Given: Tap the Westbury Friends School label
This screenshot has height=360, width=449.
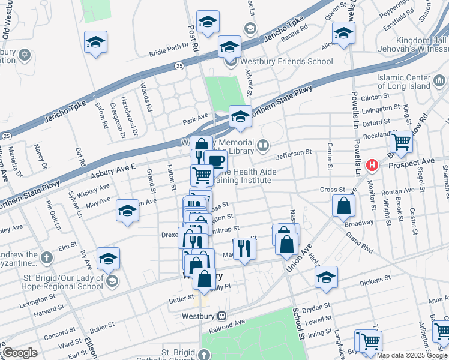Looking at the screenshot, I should pyautogui.click(x=286, y=61).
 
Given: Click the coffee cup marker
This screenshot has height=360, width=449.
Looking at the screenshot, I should pyautogui.click(x=215, y=161).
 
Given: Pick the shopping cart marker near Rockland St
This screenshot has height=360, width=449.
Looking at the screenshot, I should pyautogui.click(x=401, y=143).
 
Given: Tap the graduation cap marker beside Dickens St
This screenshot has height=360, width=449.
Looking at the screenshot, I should pyautogui.click(x=326, y=277).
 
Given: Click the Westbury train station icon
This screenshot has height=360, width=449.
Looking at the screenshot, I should pyautogui.click(x=221, y=316).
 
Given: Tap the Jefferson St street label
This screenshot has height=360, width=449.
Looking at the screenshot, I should pyautogui.click(x=295, y=155).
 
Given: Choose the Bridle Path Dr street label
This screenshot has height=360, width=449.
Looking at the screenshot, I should pyautogui.click(x=168, y=53).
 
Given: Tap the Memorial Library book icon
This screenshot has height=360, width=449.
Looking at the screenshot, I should pyautogui.click(x=263, y=145).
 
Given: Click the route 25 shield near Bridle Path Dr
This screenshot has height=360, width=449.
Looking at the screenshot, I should pyautogui.click(x=179, y=66).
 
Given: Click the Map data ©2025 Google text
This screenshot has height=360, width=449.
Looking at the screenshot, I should pyautogui.click(x=412, y=355).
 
